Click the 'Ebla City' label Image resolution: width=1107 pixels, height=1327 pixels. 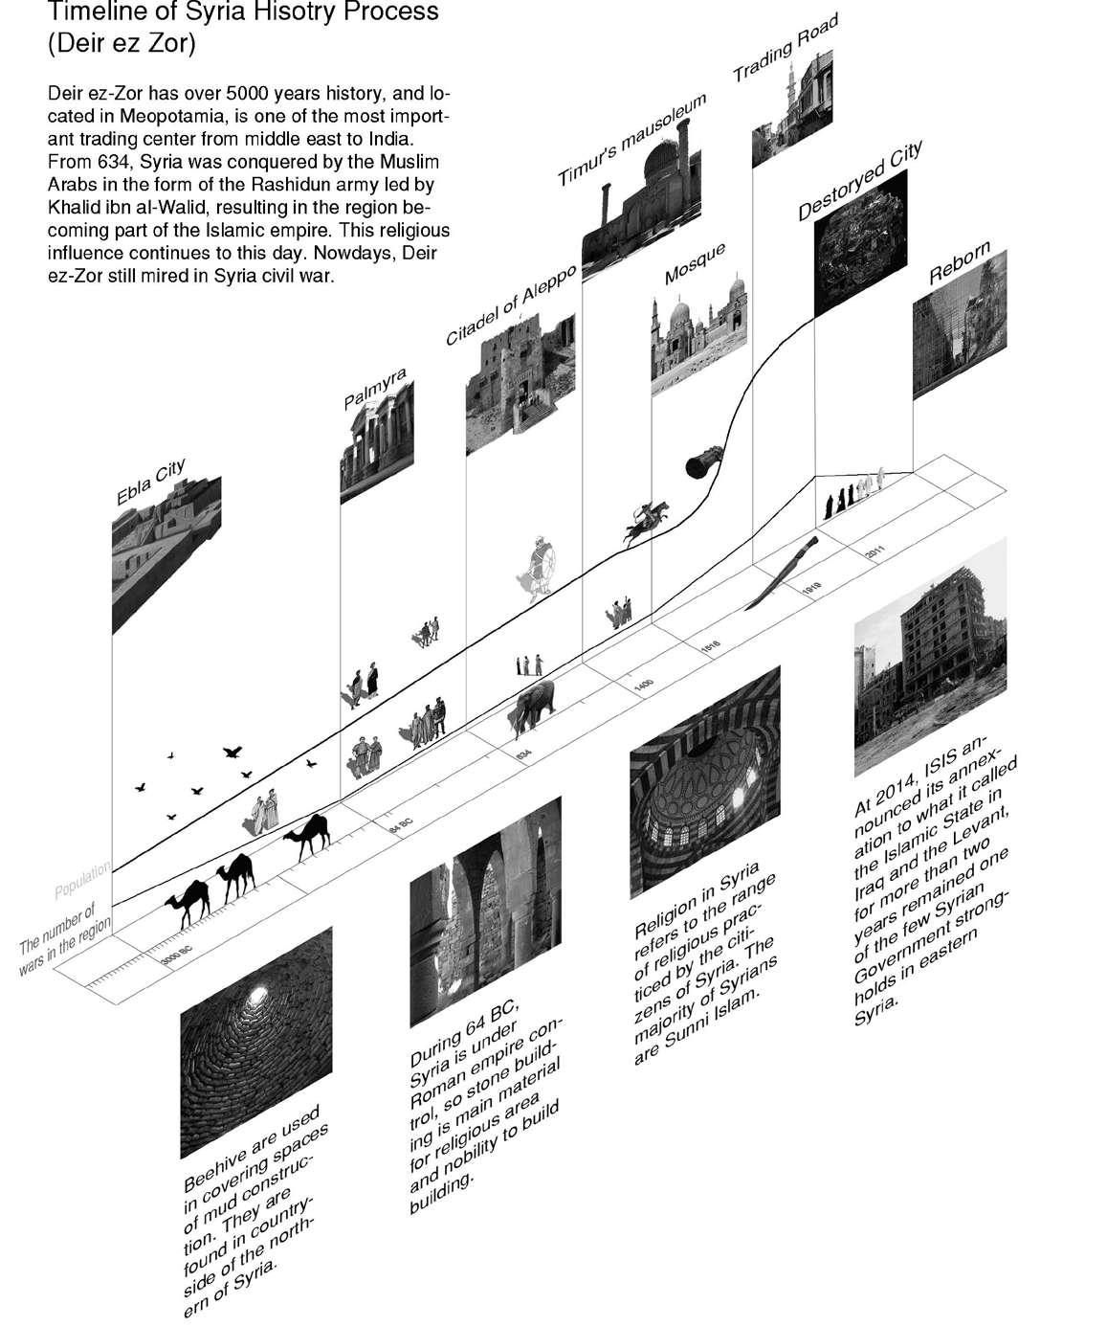click(150, 484)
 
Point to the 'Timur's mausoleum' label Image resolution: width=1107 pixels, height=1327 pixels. click(631, 140)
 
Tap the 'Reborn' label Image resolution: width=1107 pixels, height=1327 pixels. click(959, 264)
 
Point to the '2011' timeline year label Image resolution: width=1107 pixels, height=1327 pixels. click(875, 553)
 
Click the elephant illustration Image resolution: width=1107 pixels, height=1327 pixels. click(533, 709)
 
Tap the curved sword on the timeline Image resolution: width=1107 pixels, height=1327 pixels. click(781, 573)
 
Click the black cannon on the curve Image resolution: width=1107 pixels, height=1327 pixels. click(705, 462)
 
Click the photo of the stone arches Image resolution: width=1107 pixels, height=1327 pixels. click(484, 910)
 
